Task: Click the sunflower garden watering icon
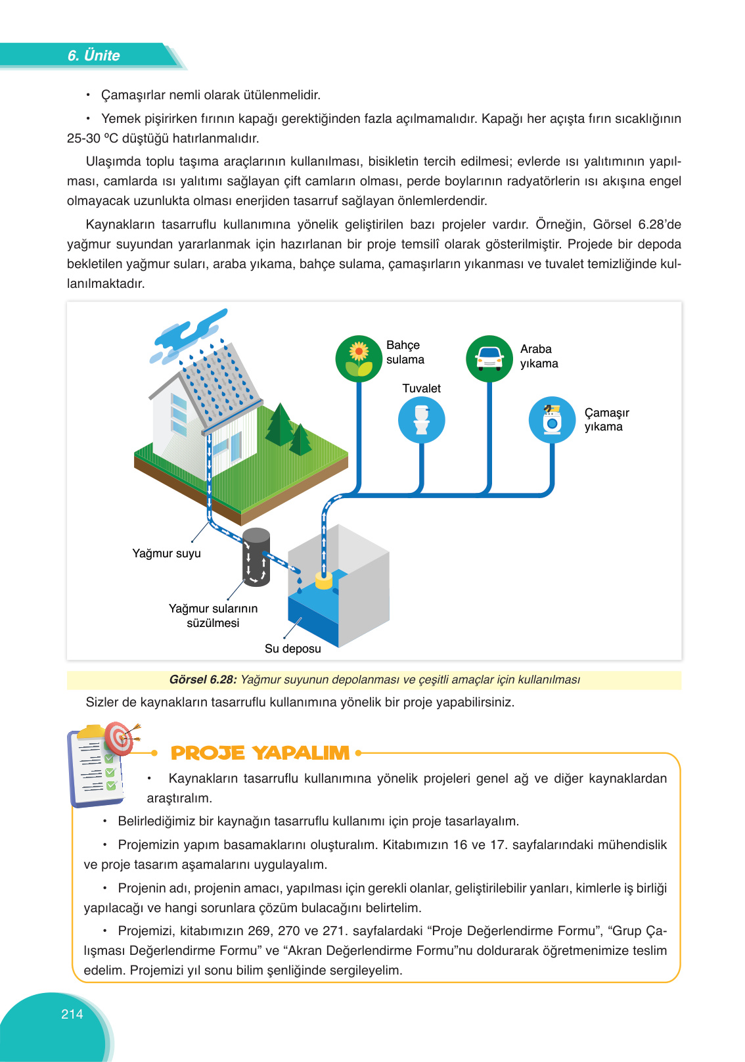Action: coord(359,359)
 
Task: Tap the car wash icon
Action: coord(489,359)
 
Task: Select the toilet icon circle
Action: coord(422,420)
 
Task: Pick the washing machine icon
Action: coord(553,420)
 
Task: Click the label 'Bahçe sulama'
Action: coord(405,352)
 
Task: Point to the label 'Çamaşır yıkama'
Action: coord(606,419)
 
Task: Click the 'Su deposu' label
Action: coord(293,649)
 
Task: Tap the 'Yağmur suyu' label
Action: coord(167,553)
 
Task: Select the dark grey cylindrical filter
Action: coord(256,557)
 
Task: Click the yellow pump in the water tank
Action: coord(324,581)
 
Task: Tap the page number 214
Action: coord(72,1014)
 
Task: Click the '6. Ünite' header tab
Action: coord(93,56)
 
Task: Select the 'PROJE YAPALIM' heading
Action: coord(260,753)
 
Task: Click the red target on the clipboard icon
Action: coord(119,739)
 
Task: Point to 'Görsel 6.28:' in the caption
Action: coord(203,680)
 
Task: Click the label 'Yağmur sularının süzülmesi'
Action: coord(213,616)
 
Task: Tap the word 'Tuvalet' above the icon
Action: coord(421,388)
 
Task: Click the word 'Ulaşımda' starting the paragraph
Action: coord(113,162)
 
